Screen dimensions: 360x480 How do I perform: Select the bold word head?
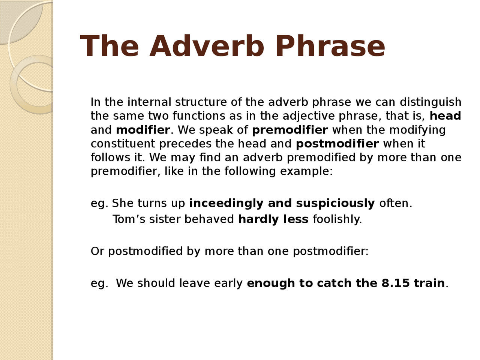click(445, 116)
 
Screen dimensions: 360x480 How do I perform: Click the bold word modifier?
click(143, 130)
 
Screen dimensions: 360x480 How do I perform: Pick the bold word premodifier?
click(290, 130)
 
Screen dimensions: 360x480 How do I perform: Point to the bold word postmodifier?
click(337, 144)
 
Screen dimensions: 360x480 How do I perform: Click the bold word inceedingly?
click(226, 203)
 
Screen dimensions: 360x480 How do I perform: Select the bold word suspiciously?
click(335, 203)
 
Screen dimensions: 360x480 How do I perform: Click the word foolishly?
click(337, 219)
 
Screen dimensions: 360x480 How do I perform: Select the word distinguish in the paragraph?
click(430, 102)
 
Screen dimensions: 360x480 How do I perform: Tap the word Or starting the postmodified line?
click(97, 251)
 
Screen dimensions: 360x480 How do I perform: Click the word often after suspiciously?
click(395, 203)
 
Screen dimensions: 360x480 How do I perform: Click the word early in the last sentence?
click(228, 283)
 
